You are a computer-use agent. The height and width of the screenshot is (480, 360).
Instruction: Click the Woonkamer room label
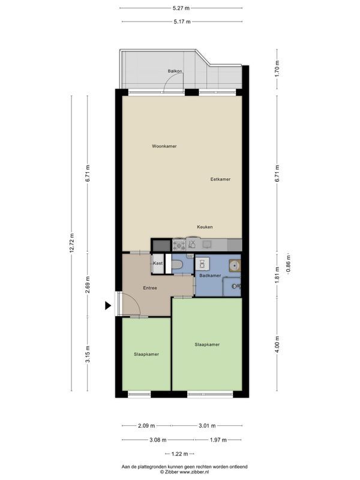pyautogui.click(x=164, y=146)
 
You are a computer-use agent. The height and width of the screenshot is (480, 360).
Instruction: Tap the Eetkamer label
pyautogui.click(x=220, y=179)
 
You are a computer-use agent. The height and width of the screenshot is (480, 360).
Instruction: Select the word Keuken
pyautogui.click(x=205, y=227)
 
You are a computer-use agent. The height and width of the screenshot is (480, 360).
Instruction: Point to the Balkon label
pyautogui.click(x=175, y=71)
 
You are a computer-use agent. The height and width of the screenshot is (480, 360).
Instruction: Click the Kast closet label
pyautogui.click(x=158, y=263)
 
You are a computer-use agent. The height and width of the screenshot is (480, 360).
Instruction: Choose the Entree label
pyautogui.click(x=150, y=288)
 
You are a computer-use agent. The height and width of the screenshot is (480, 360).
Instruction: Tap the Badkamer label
pyautogui.click(x=211, y=275)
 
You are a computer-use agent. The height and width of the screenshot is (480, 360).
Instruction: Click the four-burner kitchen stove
pyautogui.click(x=178, y=244)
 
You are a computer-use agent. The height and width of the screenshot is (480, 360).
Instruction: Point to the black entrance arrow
pyautogui.click(x=108, y=305)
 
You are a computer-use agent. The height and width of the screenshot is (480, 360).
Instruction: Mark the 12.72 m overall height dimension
pyautogui.click(x=72, y=244)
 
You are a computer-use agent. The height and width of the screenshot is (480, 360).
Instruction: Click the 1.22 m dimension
pyautogui.click(x=181, y=454)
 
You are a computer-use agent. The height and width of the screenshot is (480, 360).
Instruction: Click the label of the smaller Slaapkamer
pyautogui.click(x=146, y=355)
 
